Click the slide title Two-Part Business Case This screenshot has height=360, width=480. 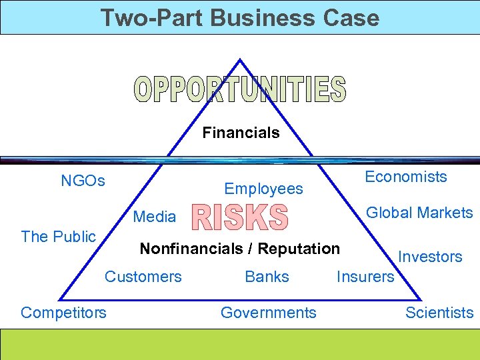tap(239, 17)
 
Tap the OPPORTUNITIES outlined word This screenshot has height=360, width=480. tap(240, 89)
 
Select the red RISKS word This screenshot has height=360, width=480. tap(240, 217)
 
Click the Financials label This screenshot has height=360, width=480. tap(241, 133)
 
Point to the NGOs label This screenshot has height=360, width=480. tap(83, 181)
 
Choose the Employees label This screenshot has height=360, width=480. tap(263, 189)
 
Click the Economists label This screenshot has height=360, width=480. tap(405, 177)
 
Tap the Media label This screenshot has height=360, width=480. tap(155, 217)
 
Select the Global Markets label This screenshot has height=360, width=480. tap(419, 213)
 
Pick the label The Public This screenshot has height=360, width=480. tap(59, 236)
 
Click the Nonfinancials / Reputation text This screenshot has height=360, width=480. tap(239, 249)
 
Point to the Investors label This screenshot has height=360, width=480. tap(430, 257)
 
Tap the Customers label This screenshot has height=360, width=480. tap(143, 276)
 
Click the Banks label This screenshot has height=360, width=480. tap(267, 276)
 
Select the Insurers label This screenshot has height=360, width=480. tap(365, 276)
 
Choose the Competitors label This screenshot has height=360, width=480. tap(63, 312)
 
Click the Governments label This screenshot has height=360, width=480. tap(268, 312)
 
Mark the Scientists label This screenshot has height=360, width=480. tap(439, 312)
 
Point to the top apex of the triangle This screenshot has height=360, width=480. tap(240, 60)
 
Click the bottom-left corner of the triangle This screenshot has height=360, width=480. tap(60, 299)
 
